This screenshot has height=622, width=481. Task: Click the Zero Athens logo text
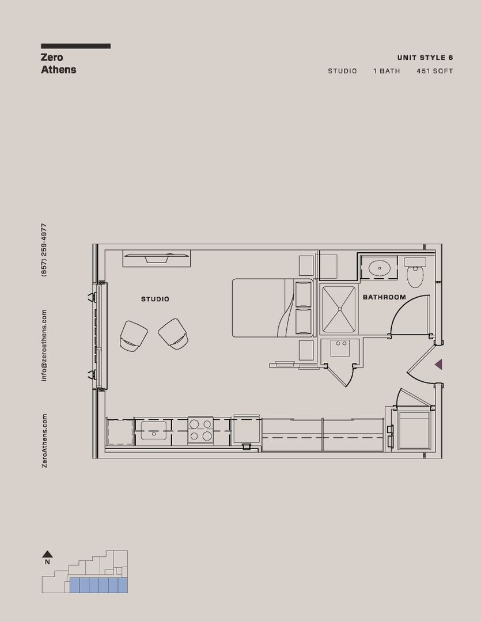58,63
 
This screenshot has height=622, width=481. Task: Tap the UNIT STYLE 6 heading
425,58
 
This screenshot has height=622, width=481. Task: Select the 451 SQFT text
434,71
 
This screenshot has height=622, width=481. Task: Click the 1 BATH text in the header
386,71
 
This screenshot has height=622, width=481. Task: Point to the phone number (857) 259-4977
44,250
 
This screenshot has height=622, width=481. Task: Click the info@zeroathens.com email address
44,345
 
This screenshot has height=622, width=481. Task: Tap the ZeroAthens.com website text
44,441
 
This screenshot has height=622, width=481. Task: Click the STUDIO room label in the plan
155,299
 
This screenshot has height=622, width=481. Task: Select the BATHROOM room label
384,297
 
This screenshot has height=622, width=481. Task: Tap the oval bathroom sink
379,267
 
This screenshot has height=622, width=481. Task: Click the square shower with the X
339,309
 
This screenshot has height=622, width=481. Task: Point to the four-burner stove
200,430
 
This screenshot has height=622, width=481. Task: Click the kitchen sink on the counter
153,430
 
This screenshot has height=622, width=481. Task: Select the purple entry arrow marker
438,364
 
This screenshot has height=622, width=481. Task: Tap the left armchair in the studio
133,336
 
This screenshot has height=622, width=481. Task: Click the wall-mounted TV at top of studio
156,258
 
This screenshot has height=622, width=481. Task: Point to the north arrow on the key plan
47,554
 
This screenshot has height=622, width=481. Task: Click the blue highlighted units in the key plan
98,585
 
